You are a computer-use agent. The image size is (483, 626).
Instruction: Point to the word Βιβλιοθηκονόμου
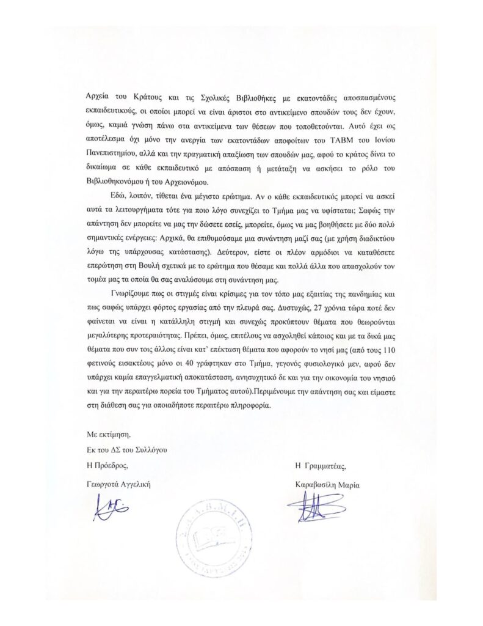click(x=114, y=182)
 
